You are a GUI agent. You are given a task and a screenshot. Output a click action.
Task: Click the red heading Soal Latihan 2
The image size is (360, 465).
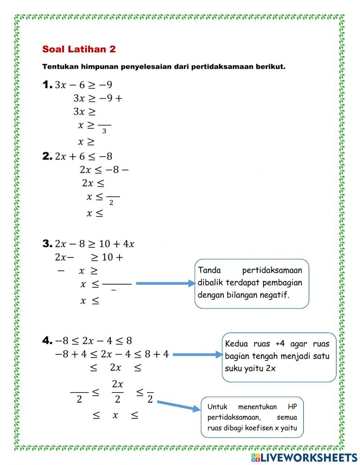79,49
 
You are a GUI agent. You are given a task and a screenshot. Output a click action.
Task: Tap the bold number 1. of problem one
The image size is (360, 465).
48,85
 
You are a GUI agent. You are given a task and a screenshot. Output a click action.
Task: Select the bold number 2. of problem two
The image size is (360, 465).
48,156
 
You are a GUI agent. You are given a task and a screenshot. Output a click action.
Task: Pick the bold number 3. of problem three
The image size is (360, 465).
48,244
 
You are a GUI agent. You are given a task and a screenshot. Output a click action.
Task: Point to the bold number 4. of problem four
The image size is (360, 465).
48,340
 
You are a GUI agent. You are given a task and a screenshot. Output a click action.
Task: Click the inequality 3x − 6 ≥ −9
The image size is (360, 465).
84,85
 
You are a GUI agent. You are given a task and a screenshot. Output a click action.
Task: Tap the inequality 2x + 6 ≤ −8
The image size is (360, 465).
84,156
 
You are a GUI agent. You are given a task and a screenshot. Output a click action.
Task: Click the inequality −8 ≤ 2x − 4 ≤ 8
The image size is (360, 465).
93,341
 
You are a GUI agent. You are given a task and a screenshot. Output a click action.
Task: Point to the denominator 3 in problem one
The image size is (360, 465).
104,131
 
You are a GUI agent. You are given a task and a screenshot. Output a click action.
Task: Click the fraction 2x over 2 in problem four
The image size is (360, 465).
117,391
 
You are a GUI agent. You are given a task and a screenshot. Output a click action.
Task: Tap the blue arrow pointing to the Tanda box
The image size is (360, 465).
165,283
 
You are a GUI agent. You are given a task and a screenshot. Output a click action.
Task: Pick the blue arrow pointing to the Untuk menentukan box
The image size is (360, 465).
178,406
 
